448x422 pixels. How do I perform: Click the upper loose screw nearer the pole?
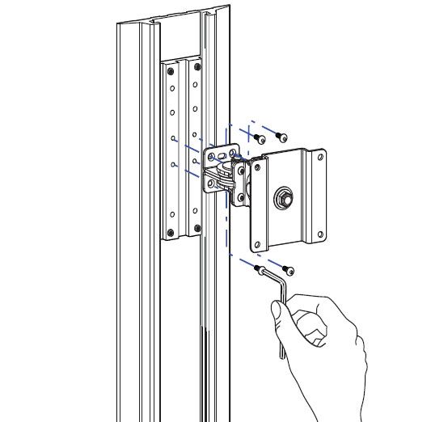(x=260, y=138)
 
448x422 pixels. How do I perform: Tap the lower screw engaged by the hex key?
(x=259, y=269)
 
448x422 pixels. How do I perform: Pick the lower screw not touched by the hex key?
(x=288, y=269)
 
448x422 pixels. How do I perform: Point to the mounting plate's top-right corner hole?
(x=319, y=158)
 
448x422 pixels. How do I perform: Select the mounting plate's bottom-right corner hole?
(x=319, y=236)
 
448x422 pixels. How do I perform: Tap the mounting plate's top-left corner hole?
(x=258, y=167)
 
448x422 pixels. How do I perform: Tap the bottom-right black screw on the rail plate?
(x=197, y=230)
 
